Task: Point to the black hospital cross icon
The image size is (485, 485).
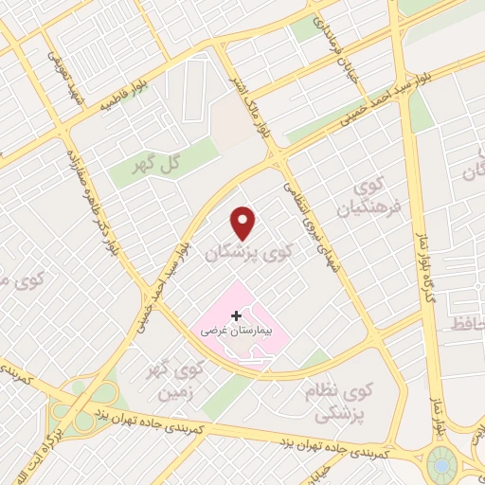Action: coord(236,314)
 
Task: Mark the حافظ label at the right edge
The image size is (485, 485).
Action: coord(473,325)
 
